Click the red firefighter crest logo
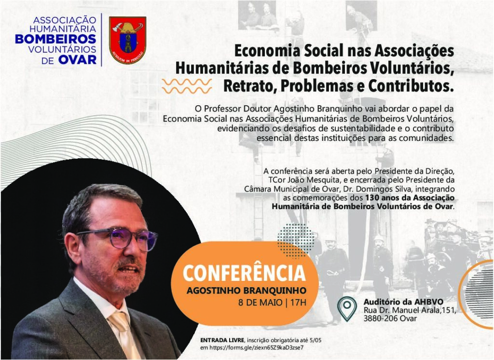pos(127,40)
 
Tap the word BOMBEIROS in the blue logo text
pos(55,39)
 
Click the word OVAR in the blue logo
pos(77,59)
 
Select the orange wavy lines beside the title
pos(187,86)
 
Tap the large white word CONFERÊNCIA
pos(244,273)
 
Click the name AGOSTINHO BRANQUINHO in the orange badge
pos(247,291)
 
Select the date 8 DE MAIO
pos(260,303)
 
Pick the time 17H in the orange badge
pos(298,303)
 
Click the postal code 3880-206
pos(381,318)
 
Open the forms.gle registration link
pos(257,348)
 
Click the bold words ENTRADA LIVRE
pos(222,340)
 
